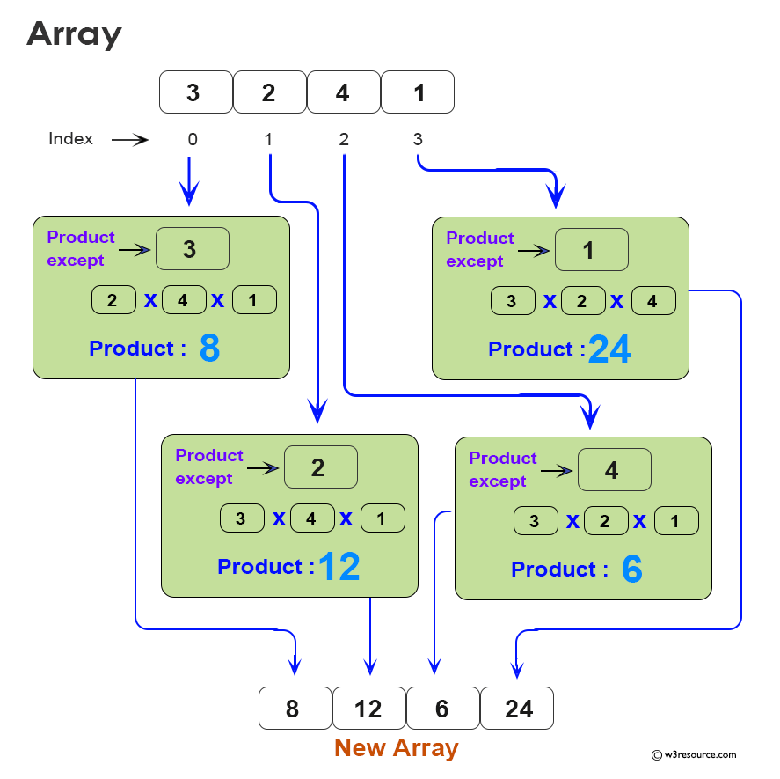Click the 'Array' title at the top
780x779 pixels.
coord(74,34)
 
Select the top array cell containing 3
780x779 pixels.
coord(195,92)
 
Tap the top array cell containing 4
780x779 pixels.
coord(343,92)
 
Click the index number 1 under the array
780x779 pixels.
coord(268,139)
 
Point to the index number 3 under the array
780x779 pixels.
coord(417,139)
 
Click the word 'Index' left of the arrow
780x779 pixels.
coord(70,139)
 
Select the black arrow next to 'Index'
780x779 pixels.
coord(129,140)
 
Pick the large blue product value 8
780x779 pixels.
coord(209,349)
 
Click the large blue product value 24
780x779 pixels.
coord(609,350)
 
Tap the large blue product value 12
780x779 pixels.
coord(339,568)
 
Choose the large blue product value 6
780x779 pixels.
coord(631,570)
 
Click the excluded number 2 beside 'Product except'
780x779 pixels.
coord(320,467)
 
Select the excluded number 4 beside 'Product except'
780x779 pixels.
coord(614,470)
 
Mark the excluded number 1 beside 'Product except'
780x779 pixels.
coord(591,250)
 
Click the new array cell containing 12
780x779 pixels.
coord(368,709)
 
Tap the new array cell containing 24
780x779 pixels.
coord(517,709)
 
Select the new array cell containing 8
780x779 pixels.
coord(295,709)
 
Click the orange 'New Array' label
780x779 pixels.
coord(396,748)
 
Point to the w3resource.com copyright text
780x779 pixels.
coord(694,754)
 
